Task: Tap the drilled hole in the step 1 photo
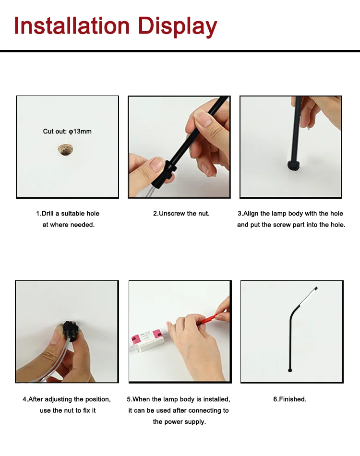pos(65,149)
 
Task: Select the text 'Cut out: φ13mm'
pos(67,132)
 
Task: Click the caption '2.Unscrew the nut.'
pos(181,214)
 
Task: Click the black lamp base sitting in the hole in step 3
pos(294,165)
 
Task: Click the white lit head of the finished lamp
pos(308,298)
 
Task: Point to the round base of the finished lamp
pos(289,370)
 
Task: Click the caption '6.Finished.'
pos(289,399)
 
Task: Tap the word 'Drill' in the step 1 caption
pos(48,214)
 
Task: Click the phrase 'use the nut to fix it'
pos(68,410)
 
